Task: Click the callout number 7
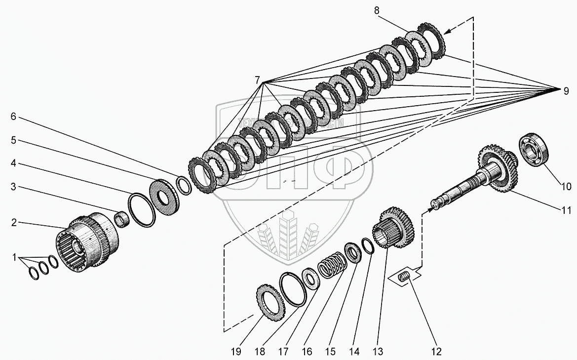point(257,80)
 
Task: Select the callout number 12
point(436,352)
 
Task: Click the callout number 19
point(236,352)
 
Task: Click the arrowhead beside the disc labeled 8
point(446,32)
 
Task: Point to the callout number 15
point(330,352)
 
